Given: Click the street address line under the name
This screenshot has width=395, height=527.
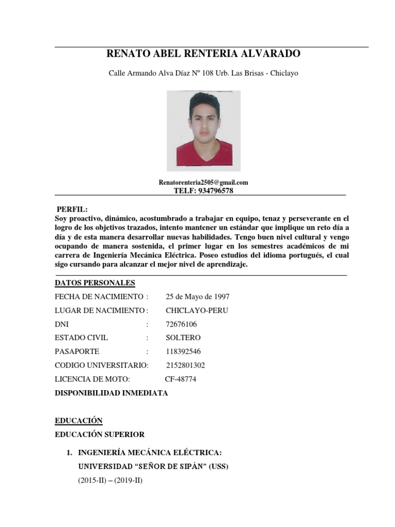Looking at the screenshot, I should (203, 73).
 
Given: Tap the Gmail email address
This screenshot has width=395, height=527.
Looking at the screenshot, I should (203, 182).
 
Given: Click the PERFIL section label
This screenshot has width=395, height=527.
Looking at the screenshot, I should (72, 209).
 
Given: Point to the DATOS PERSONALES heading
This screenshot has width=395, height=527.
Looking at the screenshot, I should (95, 283).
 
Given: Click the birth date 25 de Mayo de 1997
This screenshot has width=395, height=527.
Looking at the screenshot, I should (197, 296).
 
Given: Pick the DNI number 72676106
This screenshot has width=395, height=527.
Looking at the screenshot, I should (181, 324).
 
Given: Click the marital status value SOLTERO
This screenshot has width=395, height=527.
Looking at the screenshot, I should (183, 338).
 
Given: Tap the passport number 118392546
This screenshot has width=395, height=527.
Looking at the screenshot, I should (183, 352).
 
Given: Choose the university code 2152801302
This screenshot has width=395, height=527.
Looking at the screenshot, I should (185, 365).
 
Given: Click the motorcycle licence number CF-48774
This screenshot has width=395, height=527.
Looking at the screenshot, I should (180, 379).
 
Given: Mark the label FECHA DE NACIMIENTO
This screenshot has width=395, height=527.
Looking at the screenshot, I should (99, 296).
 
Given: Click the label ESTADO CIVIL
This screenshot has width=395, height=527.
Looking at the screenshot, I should (81, 338).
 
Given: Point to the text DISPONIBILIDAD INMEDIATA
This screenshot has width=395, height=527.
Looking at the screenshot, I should (111, 393).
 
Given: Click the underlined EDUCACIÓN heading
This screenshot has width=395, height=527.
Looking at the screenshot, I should (79, 420).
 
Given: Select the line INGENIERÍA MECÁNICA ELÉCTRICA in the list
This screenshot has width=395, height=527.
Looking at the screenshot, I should (149, 453).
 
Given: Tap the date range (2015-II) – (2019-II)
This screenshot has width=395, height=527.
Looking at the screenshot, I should (110, 481).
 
